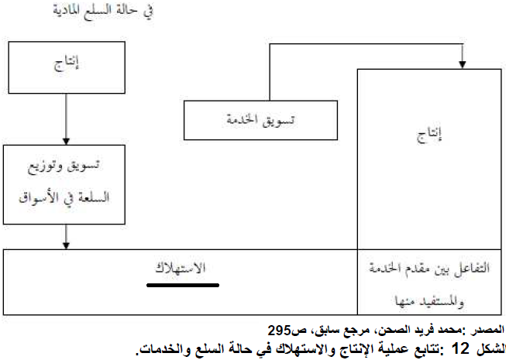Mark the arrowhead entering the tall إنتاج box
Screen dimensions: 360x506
(462, 63)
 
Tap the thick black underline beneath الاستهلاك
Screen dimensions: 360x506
(183, 284)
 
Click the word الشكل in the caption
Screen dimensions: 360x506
(490, 346)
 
